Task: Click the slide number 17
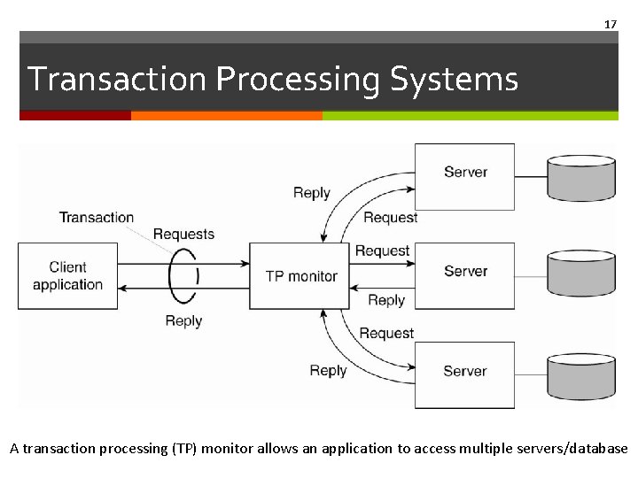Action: [x=610, y=24]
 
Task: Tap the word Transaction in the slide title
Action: [x=118, y=80]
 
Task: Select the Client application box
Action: [x=67, y=275]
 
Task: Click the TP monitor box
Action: [x=300, y=275]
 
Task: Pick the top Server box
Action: [x=465, y=176]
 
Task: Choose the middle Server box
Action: [x=465, y=275]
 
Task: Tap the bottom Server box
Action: [x=465, y=374]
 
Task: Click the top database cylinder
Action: [x=580, y=177]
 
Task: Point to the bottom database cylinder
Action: [x=580, y=375]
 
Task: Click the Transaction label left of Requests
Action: [x=96, y=217]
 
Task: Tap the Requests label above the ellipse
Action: [x=183, y=234]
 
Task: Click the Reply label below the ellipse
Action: [x=183, y=320]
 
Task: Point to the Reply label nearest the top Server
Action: [x=311, y=193]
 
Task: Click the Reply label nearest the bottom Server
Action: [x=328, y=370]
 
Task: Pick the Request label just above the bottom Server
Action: [x=386, y=333]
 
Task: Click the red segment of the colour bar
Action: [x=74, y=115]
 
